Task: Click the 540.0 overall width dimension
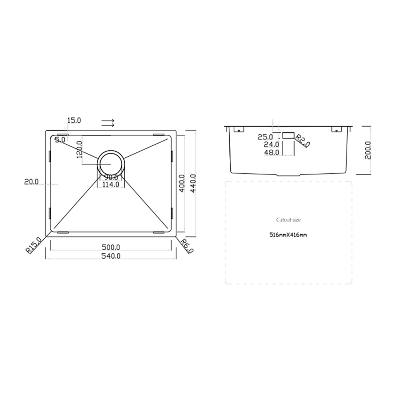[111, 256]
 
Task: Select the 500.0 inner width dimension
[111, 247]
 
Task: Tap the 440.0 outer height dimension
[193, 183]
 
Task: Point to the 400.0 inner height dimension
[182, 183]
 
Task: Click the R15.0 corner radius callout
[34, 245]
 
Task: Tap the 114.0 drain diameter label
[111, 185]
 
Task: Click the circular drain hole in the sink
[111, 163]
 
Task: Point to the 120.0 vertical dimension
[79, 149]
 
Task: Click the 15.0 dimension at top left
[74, 120]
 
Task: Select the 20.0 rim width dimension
[31, 182]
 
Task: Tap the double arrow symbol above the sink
[108, 123]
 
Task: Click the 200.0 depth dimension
[368, 150]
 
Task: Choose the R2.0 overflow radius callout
[302, 140]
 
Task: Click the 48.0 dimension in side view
[271, 152]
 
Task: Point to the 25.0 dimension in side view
[265, 137]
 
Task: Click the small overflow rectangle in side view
[288, 135]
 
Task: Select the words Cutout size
[288, 220]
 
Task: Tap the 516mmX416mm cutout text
[288, 235]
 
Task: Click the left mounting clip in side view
[239, 129]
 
